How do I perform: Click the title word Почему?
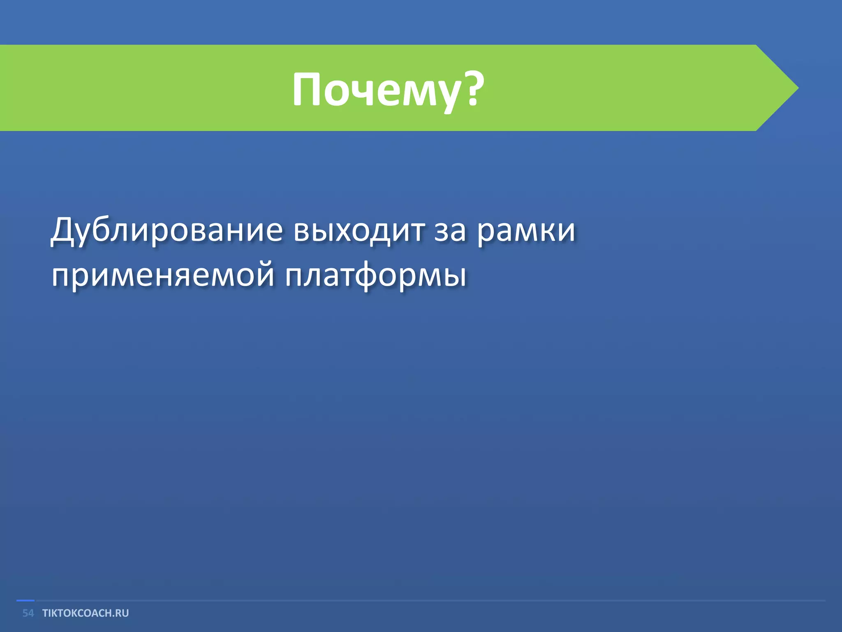coord(376,90)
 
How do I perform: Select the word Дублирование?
coord(167,230)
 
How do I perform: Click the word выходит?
coord(359,230)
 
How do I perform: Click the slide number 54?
coord(28,613)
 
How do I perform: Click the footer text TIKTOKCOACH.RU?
coord(86,613)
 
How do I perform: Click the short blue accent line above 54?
coord(25,601)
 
